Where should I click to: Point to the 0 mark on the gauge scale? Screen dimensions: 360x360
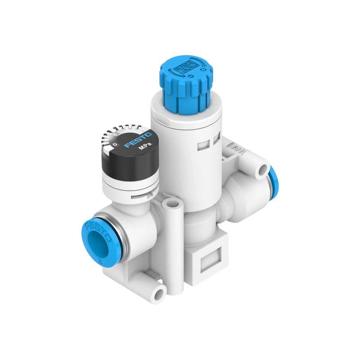(x=115, y=144)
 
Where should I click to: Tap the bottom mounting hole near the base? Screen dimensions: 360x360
(x=158, y=294)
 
